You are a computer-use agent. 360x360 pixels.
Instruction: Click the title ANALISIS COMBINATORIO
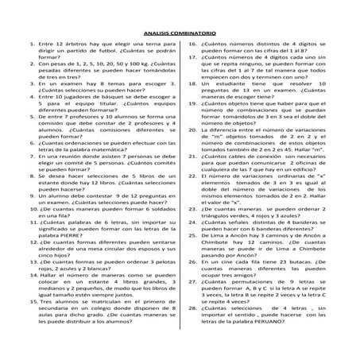[179, 33]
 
